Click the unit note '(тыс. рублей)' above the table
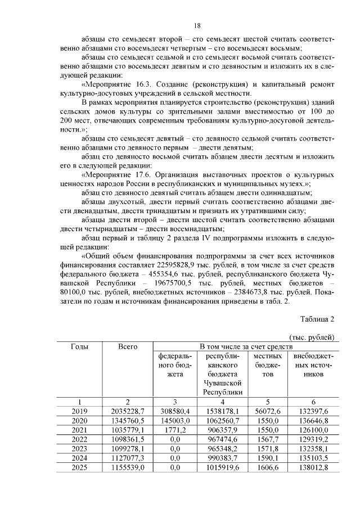tap(312, 337)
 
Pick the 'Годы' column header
tap(79, 346)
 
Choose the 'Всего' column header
tap(128, 346)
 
